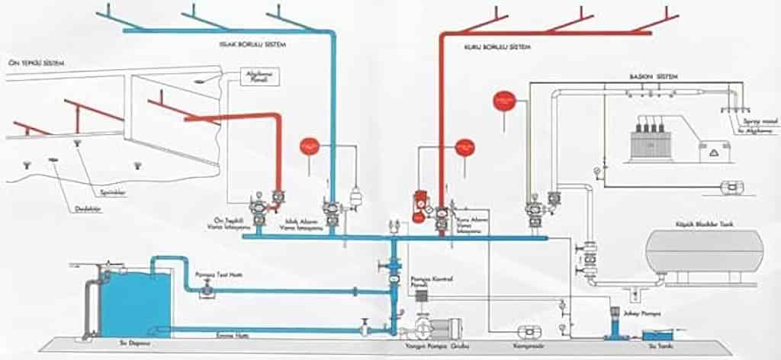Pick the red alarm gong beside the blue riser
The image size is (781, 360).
point(309,146)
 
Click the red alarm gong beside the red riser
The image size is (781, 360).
point(464,147)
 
